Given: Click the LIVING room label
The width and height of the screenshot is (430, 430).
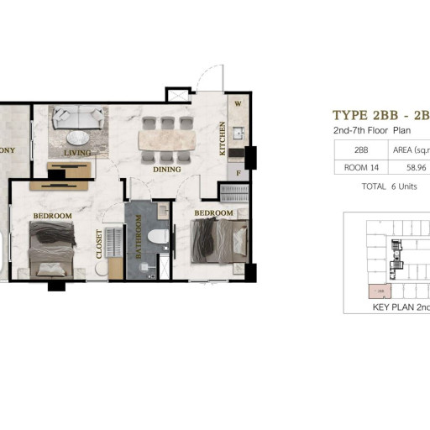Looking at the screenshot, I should coord(77,153).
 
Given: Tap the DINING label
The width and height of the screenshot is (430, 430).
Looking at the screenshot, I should coord(167,169).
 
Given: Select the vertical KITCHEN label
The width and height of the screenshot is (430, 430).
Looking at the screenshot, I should coord(223,139).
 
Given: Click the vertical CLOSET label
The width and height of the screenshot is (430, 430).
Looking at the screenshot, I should coord(99,244).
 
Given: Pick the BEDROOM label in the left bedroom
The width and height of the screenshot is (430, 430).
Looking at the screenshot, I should coord(52,216).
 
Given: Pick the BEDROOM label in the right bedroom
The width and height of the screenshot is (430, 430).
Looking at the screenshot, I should coord(213,212).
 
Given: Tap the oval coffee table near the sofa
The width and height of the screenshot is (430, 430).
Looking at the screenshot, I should coord(79,138).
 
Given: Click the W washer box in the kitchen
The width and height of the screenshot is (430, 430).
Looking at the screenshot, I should coord(238,104).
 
